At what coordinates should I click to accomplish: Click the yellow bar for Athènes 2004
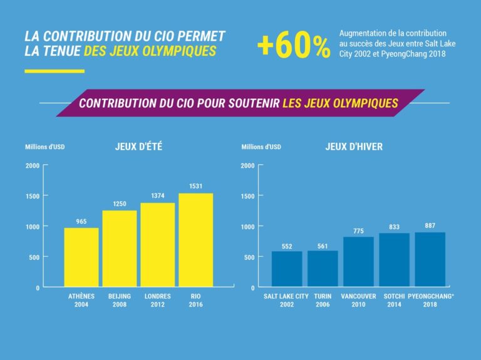pyautogui.click(x=81, y=257)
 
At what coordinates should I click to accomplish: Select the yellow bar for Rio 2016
pyautogui.click(x=195, y=240)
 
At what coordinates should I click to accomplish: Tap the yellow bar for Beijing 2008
pyautogui.click(x=120, y=249)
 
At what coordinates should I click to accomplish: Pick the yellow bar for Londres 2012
pyautogui.click(x=157, y=245)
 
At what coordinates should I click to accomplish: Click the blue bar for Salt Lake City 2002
pyautogui.click(x=287, y=269)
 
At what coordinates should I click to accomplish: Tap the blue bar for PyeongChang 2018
pyautogui.click(x=430, y=259)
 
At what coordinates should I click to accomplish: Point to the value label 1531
pyautogui.click(x=195, y=187)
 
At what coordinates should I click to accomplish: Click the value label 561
pyautogui.click(x=323, y=246)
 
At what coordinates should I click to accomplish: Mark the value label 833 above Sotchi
pyautogui.click(x=394, y=227)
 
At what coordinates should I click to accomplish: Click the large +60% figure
pyautogui.click(x=294, y=46)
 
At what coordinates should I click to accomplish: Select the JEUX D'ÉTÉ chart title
pyautogui.click(x=135, y=147)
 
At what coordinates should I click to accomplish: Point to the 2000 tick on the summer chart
pyautogui.click(x=33, y=166)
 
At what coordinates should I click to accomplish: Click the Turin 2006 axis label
pyautogui.click(x=323, y=300)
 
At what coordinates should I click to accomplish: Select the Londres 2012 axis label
pyautogui.click(x=157, y=300)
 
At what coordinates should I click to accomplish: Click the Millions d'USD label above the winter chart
pyautogui.click(x=261, y=147)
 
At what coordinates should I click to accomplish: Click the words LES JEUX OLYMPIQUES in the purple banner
pyautogui.click(x=340, y=103)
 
